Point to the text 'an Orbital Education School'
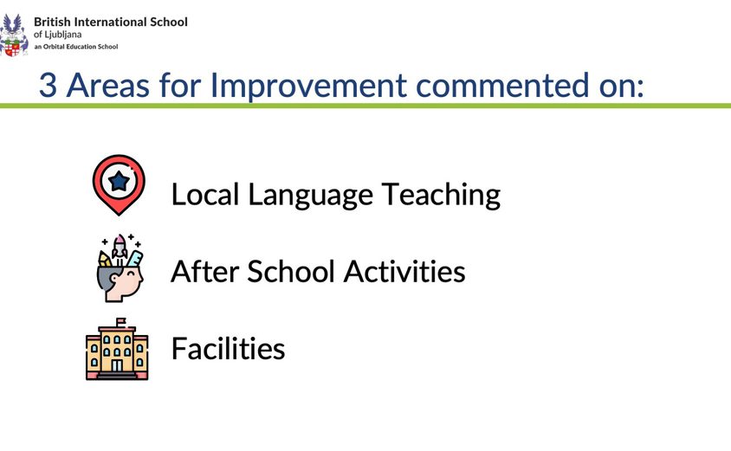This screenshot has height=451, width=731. pyautogui.click(x=76, y=46)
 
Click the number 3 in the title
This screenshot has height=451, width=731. pyautogui.click(x=49, y=86)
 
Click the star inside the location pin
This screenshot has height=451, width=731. pyautogui.click(x=118, y=180)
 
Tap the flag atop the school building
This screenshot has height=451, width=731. pyautogui.click(x=120, y=322)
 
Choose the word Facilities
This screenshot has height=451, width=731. pyautogui.click(x=228, y=349)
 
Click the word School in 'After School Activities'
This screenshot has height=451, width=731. pyautogui.click(x=292, y=272)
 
